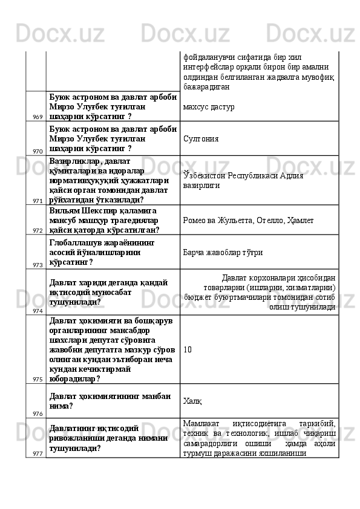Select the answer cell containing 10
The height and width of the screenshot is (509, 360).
point(187,349)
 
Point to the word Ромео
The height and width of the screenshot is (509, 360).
point(195,221)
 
